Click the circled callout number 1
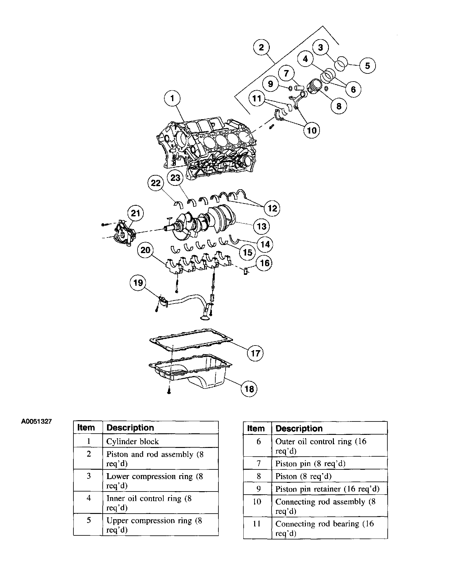(x=172, y=99)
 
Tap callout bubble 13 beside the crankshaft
(x=261, y=226)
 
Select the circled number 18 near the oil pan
(x=249, y=388)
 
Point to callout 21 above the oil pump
(x=135, y=214)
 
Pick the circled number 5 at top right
(x=367, y=66)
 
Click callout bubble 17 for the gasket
(x=255, y=353)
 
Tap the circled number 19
(x=138, y=283)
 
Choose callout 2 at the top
(x=261, y=47)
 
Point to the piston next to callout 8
(x=315, y=86)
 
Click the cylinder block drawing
(x=205, y=146)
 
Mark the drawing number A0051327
(x=36, y=422)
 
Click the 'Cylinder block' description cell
(x=133, y=441)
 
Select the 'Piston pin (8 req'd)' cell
(x=310, y=463)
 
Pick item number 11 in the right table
(x=257, y=524)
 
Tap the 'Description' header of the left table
(x=130, y=428)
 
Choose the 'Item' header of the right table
(x=256, y=428)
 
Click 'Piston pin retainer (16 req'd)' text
(x=327, y=489)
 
